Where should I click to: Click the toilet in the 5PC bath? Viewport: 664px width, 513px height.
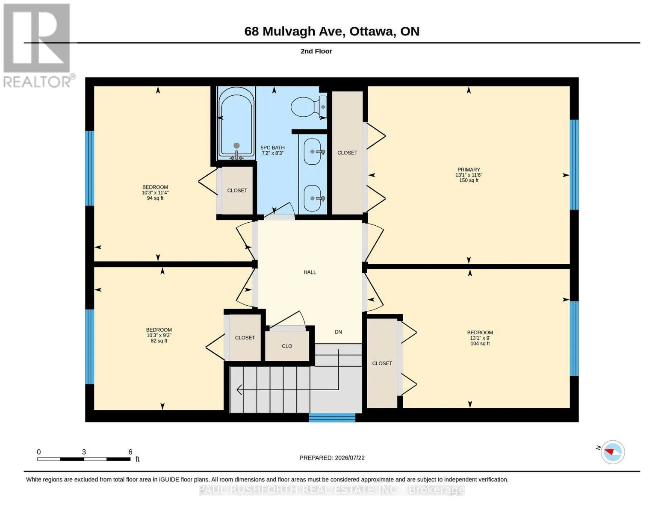[x=309, y=106]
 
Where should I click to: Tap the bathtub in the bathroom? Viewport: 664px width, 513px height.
[x=236, y=123]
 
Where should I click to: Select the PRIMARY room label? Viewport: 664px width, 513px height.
[x=469, y=170]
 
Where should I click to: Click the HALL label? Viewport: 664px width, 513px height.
[x=310, y=272]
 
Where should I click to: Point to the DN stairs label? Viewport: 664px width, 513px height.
[x=338, y=332]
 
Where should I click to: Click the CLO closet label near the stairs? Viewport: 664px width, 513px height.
[x=286, y=346]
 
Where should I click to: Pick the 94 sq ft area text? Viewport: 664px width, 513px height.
[x=155, y=198]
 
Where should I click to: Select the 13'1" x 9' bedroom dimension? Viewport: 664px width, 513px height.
[x=480, y=338]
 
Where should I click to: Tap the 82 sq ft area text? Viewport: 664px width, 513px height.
[x=159, y=341]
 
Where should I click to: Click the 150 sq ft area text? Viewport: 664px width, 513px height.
[x=469, y=180]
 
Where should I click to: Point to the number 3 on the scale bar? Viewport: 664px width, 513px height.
[x=84, y=451]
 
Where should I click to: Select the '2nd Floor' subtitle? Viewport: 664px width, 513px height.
[x=316, y=51]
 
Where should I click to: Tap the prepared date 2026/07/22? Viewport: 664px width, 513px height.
[x=349, y=458]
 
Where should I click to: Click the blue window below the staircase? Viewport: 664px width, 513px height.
[x=332, y=418]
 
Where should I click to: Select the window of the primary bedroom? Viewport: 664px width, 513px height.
[x=574, y=165]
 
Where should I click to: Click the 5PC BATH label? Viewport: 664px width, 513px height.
[x=272, y=147]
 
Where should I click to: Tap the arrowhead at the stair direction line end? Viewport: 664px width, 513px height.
[x=239, y=389]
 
